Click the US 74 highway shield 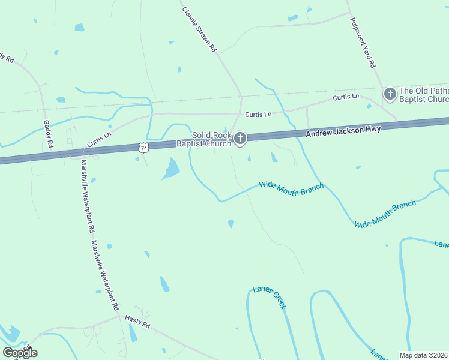[x=142, y=147]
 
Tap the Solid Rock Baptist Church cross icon [x=240, y=139]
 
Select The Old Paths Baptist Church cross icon [x=390, y=94]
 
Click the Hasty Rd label [x=137, y=322]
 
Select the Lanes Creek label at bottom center [x=270, y=297]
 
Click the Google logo [x=20, y=352]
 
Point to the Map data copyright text [x=424, y=355]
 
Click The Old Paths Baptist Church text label [x=424, y=94]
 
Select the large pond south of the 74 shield [x=170, y=170]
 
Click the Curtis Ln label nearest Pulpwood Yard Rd [x=346, y=97]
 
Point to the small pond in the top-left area [x=79, y=28]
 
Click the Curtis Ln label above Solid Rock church [x=258, y=114]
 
